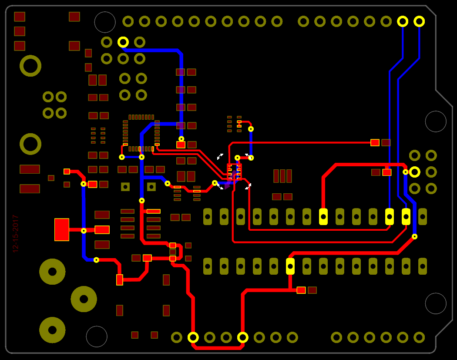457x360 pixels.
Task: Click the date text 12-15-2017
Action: coord(16,234)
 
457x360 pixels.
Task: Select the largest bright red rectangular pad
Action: coord(62,229)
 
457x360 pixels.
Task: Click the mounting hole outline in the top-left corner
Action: coord(105,22)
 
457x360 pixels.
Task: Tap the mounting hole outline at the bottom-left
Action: coord(97,336)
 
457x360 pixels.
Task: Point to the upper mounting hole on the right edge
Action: coord(436,121)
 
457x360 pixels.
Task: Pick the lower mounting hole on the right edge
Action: coord(436,303)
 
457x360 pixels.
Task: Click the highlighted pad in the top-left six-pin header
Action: coord(123,42)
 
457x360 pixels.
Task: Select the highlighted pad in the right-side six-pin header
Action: coord(415,172)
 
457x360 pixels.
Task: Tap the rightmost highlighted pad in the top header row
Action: coord(419,21)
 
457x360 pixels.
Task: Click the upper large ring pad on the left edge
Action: coord(30,66)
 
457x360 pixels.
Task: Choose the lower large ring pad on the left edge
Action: coord(30,144)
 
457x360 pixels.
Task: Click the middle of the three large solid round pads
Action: coord(84,299)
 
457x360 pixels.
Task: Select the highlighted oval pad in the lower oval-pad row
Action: coord(290,266)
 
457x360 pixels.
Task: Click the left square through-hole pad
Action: coord(125,187)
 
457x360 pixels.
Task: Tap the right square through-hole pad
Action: coord(151,187)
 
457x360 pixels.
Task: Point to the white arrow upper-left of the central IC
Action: coord(220,156)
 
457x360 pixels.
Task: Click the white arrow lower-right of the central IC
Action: coord(248,186)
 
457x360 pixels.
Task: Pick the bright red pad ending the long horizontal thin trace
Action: coord(375,142)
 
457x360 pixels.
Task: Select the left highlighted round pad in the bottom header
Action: coord(193,337)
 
